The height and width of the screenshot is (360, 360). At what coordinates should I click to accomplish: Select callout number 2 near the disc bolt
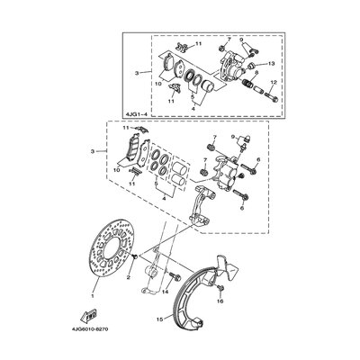[130, 279]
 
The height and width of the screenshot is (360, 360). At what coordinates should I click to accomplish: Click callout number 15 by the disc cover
[157, 319]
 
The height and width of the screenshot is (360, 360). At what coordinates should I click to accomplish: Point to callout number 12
[274, 82]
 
